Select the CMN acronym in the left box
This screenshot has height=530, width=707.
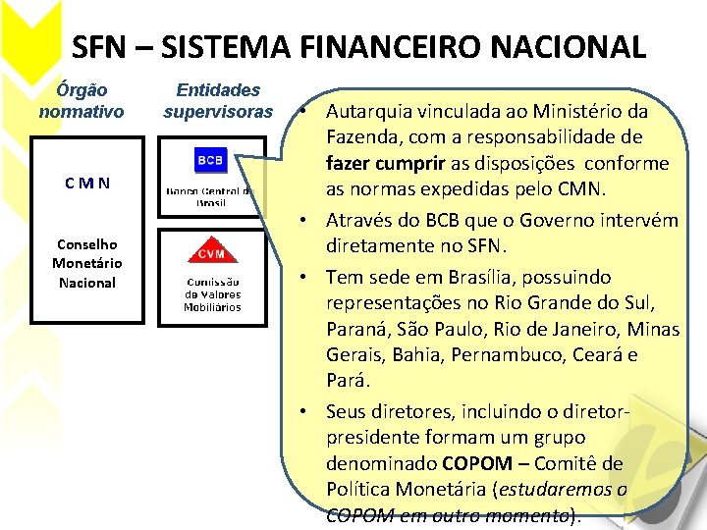pyautogui.click(x=86, y=183)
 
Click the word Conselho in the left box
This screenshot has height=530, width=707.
pyautogui.click(x=86, y=244)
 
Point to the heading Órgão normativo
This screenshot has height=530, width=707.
pyautogui.click(x=82, y=100)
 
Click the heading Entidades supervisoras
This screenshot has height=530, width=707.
pyautogui.click(x=218, y=100)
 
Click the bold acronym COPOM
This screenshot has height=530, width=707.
pyautogui.click(x=477, y=463)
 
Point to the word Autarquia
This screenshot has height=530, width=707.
pyautogui.click(x=372, y=111)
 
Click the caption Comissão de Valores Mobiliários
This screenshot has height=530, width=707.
pyautogui.click(x=211, y=294)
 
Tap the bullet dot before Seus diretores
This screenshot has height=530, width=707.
pyautogui.click(x=307, y=411)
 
